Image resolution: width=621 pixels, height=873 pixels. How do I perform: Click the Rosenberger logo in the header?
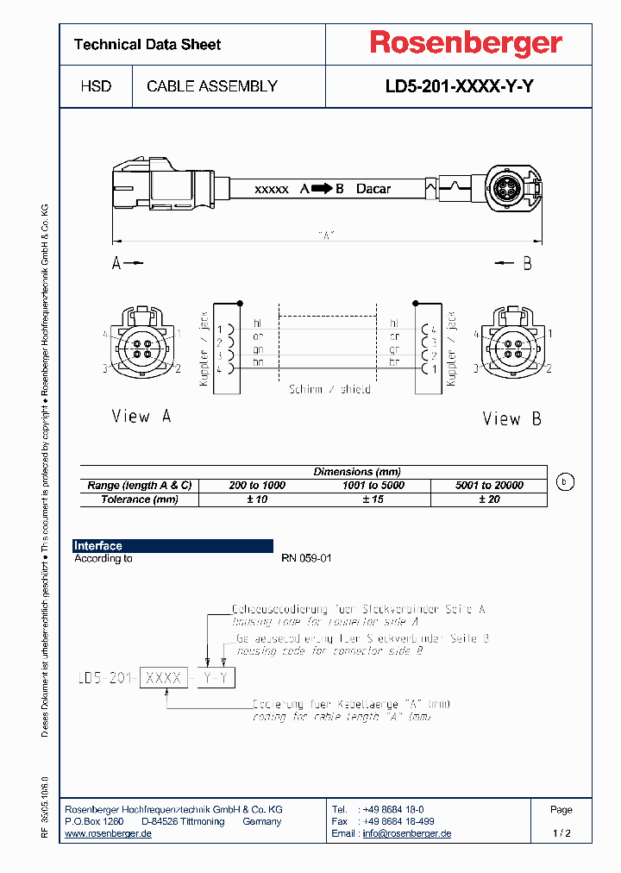(x=466, y=42)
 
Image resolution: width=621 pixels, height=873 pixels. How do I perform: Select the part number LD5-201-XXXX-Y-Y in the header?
(x=458, y=86)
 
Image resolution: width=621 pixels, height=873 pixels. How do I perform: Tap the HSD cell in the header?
(x=96, y=86)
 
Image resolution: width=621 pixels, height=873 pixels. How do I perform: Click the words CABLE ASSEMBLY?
(x=212, y=86)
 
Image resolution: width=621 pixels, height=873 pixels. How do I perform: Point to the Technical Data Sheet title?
(x=147, y=44)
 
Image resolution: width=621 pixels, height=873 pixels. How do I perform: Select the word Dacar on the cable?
(x=373, y=188)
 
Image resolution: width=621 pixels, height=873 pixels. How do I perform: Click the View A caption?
(x=141, y=417)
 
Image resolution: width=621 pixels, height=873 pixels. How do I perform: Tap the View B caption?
(x=511, y=419)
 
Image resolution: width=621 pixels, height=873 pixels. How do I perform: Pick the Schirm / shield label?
(x=329, y=390)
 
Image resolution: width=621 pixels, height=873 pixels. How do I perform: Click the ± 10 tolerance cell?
(x=257, y=499)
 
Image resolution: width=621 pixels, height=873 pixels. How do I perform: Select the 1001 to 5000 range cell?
(x=373, y=486)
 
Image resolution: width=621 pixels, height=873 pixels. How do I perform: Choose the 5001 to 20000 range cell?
(x=489, y=486)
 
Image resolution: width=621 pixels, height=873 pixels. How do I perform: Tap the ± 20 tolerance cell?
(x=489, y=499)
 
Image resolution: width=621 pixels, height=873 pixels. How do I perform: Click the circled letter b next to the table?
(x=564, y=482)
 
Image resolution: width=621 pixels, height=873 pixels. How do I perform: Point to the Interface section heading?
(x=98, y=546)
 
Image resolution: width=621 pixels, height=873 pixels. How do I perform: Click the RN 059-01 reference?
(x=306, y=559)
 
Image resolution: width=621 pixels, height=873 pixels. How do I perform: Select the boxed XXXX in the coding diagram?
(x=164, y=678)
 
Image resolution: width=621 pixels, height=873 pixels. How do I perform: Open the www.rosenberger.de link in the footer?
(x=109, y=834)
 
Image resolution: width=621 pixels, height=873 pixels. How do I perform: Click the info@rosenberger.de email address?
(x=406, y=834)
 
